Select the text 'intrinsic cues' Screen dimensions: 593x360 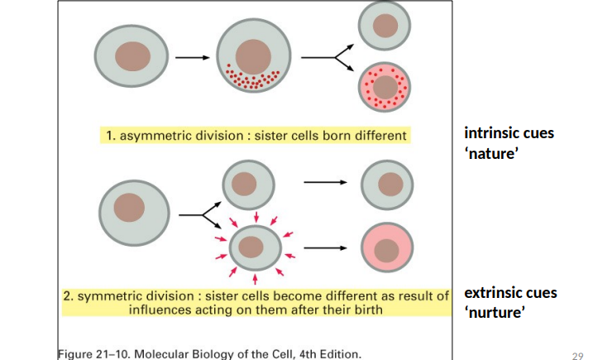pyautogui.click(x=509, y=133)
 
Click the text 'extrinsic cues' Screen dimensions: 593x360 pyautogui.click(x=510, y=293)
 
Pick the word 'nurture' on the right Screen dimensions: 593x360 pyautogui.click(x=496, y=313)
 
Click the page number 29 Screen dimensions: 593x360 pyautogui.click(x=578, y=354)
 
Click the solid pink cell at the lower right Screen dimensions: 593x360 pyautogui.click(x=386, y=247)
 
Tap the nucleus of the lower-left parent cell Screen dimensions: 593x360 pyautogui.click(x=129, y=207)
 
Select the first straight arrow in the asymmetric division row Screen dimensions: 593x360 pyautogui.click(x=192, y=58)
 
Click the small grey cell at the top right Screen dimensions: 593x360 pyautogui.click(x=385, y=25)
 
